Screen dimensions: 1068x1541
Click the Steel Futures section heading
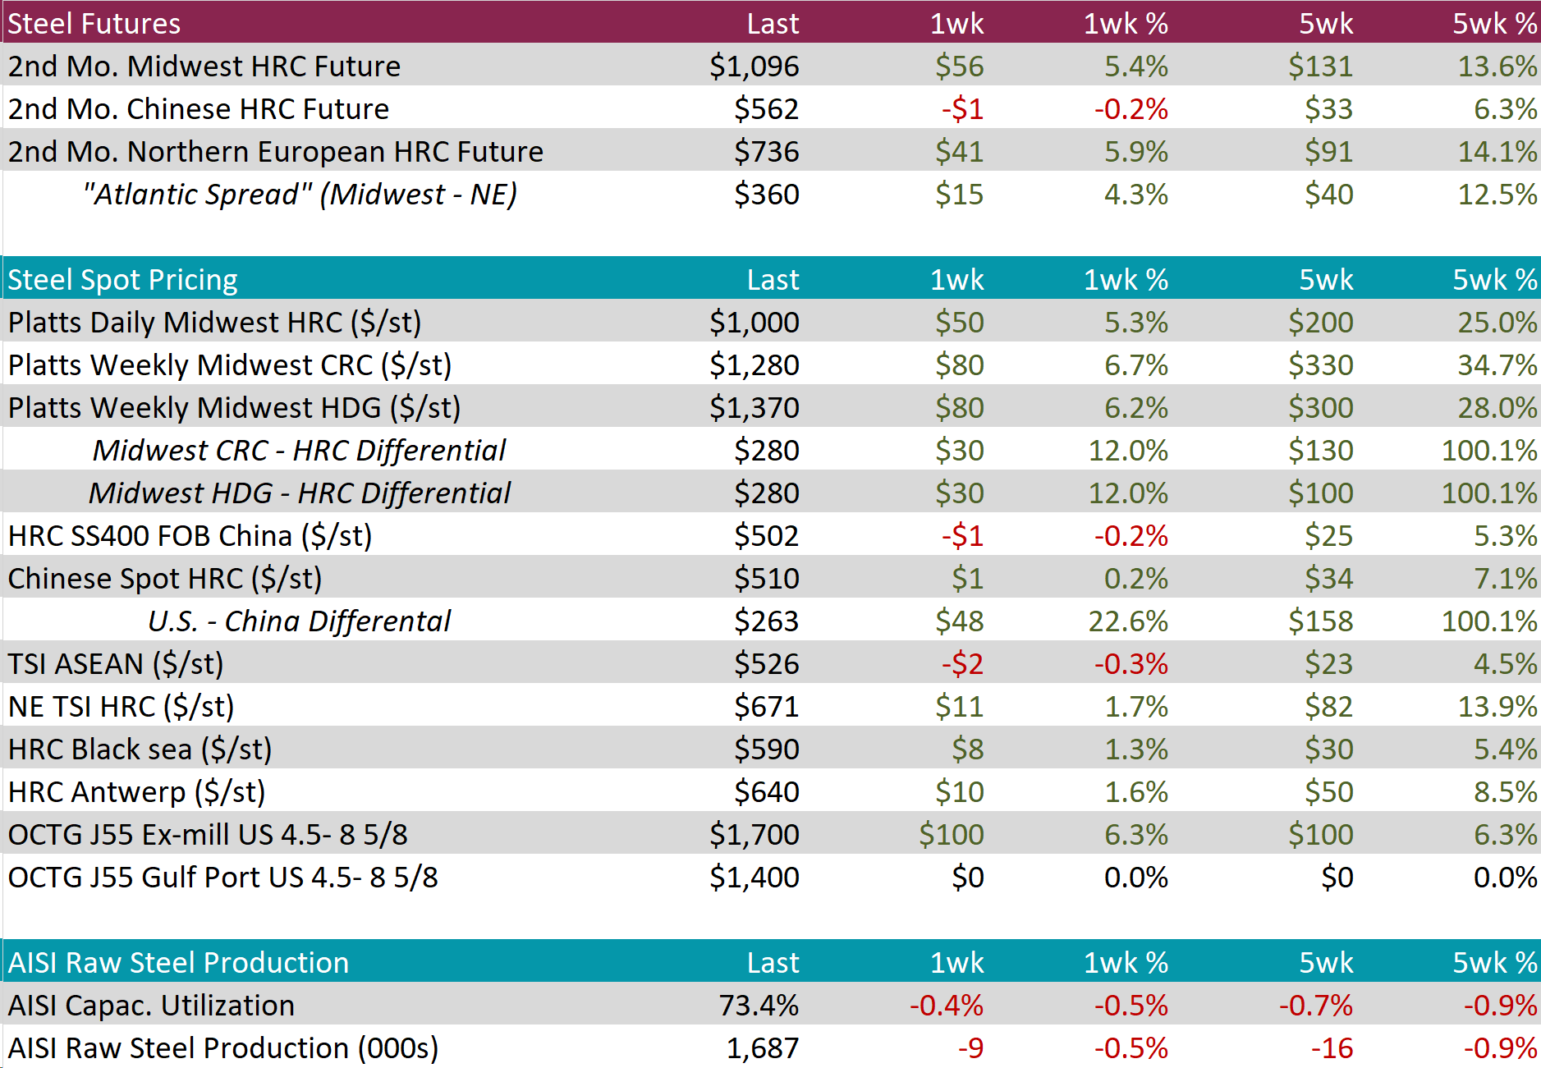[94, 23]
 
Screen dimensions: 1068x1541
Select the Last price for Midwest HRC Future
[754, 66]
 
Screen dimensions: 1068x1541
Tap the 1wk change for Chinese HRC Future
[962, 109]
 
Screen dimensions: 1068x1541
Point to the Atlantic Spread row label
[300, 195]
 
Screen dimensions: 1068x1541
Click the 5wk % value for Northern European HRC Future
[1497, 152]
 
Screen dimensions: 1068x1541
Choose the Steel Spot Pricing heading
[123, 280]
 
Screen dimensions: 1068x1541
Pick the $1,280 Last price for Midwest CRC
[754, 365]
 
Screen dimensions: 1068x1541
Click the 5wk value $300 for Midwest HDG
[1320, 408]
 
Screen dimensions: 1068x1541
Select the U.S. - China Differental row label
[300, 621]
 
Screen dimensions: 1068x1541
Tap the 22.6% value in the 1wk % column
[1127, 621]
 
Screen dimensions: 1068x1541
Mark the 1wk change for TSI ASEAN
[962, 664]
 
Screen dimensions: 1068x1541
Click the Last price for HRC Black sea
[766, 749]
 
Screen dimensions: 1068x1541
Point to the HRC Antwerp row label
[137, 792]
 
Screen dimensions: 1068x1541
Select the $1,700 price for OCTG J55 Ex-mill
[754, 835]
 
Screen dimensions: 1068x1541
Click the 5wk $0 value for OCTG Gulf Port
[1337, 878]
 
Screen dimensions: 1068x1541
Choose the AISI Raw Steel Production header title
[179, 963]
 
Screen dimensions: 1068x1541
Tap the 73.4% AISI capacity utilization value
[759, 1006]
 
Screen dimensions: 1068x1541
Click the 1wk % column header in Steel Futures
[1126, 23]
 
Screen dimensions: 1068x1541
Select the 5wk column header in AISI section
[1326, 963]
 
